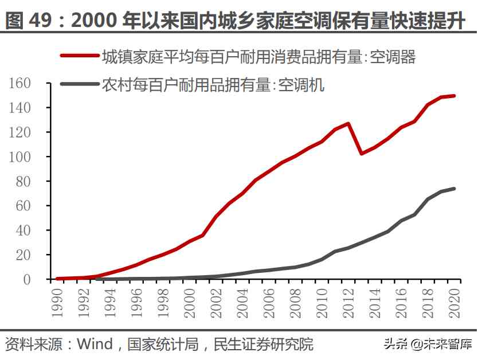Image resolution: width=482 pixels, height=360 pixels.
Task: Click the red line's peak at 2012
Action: click(x=348, y=123)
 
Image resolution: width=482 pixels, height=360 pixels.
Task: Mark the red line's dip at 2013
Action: click(x=361, y=154)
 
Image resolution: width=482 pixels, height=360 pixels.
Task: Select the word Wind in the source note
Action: click(x=95, y=345)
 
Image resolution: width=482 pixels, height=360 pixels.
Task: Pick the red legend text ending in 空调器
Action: click(x=258, y=56)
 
